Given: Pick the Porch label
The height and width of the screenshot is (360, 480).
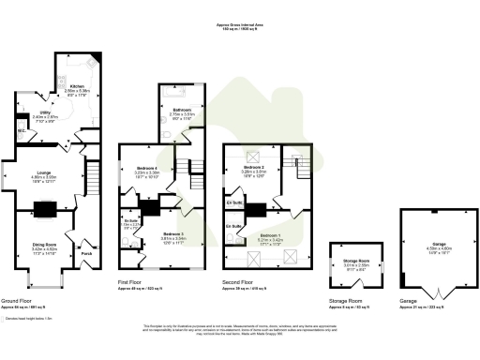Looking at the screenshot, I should [87, 252].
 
